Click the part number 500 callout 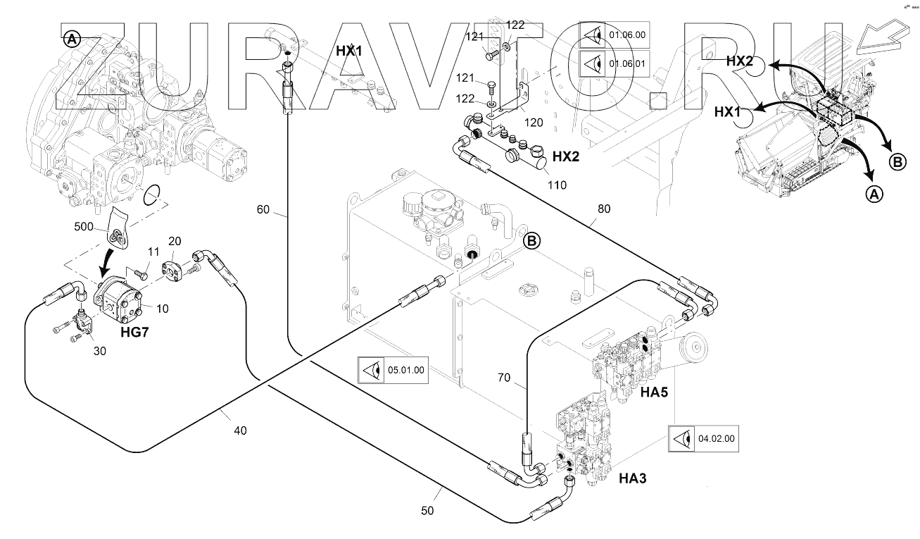coord(84,227)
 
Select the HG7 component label coord(134,332)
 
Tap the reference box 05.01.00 coord(393,370)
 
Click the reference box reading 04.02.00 coord(704,439)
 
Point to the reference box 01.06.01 coord(615,63)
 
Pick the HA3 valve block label coord(633,478)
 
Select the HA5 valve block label coord(654,392)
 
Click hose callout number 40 coord(240,430)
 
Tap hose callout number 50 coord(427,510)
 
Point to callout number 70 coord(504,378)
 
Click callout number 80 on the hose coord(604,209)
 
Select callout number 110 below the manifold coord(557,185)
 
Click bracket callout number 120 coord(534,123)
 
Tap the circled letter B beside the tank coord(532,241)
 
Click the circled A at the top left coord(72,40)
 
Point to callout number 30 coord(100,351)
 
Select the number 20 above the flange coord(175,242)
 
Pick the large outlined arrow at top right coord(887,38)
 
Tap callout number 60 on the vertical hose coord(263,210)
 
